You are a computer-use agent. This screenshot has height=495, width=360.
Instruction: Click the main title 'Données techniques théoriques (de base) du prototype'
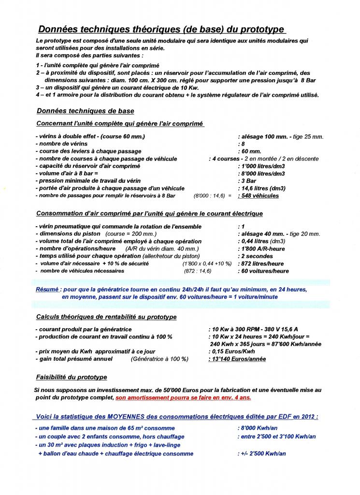(x=161, y=29)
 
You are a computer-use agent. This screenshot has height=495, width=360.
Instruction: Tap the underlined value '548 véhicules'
(x=260, y=196)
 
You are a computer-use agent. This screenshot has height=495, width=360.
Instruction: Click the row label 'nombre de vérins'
(x=62, y=144)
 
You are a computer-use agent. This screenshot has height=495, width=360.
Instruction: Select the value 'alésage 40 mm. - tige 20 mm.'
(x=280, y=234)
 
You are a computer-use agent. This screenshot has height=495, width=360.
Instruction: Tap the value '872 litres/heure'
(x=261, y=263)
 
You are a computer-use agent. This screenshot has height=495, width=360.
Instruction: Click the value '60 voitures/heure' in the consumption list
(x=263, y=271)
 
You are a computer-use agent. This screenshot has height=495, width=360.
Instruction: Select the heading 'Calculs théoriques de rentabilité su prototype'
(x=106, y=317)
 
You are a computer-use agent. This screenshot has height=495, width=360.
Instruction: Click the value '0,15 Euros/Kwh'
(x=231, y=351)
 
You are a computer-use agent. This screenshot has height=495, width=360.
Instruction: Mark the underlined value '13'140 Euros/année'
(x=237, y=359)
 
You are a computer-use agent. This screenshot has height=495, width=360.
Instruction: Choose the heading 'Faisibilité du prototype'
(x=72, y=377)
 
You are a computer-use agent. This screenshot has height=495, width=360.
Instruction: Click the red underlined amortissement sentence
(x=183, y=397)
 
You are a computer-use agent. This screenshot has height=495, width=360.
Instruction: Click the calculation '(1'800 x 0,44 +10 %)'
(x=205, y=263)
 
